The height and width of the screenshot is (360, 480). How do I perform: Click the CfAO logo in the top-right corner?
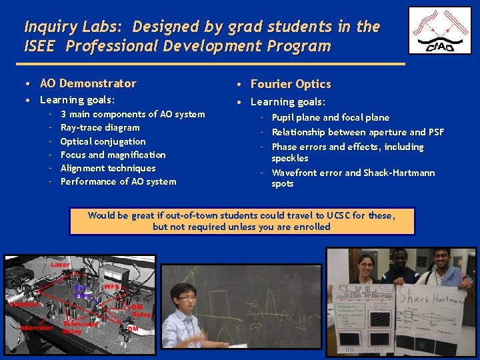tap(439, 30)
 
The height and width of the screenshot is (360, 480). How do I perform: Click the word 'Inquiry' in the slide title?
tap(47, 27)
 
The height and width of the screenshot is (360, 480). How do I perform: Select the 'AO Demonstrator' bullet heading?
tap(88, 83)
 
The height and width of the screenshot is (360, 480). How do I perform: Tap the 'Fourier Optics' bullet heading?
tap(291, 84)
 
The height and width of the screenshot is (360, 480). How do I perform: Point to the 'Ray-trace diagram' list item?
tap(100, 127)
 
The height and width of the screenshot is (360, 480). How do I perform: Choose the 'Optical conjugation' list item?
tap(103, 141)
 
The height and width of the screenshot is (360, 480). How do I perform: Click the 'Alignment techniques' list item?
tap(108, 168)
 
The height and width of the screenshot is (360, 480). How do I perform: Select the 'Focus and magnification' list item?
tap(113, 155)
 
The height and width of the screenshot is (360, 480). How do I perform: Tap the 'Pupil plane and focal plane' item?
tap(330, 117)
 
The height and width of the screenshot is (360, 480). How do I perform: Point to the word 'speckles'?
tap(290, 158)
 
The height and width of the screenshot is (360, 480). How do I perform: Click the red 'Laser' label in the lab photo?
tap(59, 265)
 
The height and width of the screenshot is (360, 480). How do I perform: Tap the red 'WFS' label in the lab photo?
tap(111, 287)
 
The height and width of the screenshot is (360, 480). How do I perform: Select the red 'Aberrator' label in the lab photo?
tap(37, 327)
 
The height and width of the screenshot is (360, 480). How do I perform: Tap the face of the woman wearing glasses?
tap(368, 267)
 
